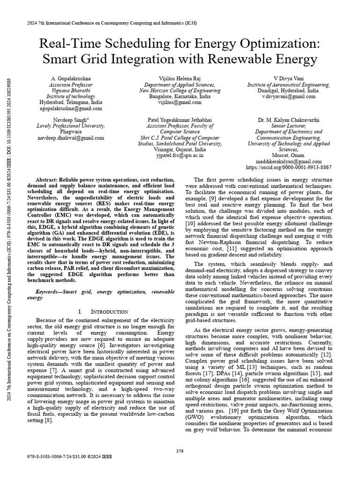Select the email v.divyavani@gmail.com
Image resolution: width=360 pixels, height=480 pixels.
point(288,96)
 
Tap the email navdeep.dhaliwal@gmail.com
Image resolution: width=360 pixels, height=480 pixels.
point(71,138)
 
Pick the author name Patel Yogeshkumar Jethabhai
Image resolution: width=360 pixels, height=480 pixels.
point(180,120)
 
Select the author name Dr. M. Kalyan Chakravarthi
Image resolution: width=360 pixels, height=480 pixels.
point(288,120)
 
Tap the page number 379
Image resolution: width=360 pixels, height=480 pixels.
point(180,451)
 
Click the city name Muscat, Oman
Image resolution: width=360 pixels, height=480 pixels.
point(288,156)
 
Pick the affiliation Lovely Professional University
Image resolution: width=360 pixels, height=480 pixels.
point(71,126)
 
